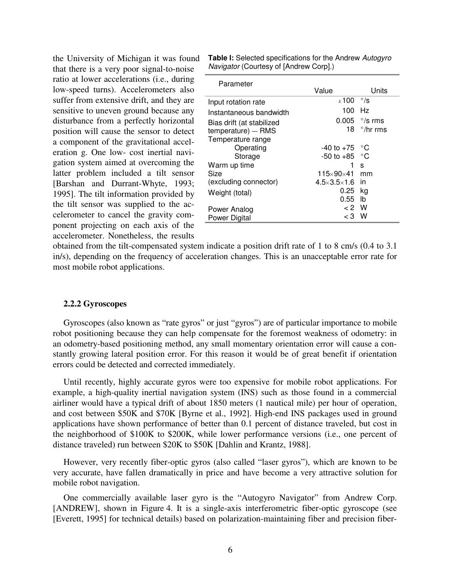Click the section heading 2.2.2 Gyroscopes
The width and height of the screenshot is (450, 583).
tap(95, 304)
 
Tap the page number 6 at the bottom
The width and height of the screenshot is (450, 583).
tap(230, 550)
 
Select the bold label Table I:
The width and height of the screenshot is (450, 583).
tap(221, 58)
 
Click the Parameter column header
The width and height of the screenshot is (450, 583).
tap(235, 84)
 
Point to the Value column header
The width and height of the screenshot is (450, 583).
tap(323, 91)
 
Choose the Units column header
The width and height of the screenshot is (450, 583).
tap(379, 91)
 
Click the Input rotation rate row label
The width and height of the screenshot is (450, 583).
tap(237, 102)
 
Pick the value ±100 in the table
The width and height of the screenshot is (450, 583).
tap(346, 100)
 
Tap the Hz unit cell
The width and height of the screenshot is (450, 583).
tap(364, 111)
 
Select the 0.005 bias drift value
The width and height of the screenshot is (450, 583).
tap(345, 121)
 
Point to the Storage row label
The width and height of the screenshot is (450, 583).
tap(247, 156)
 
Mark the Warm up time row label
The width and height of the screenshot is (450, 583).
tap(231, 165)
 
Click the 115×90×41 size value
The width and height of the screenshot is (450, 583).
tap(336, 174)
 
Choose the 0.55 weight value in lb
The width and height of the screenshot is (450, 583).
tap(347, 199)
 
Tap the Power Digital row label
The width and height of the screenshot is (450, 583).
tap(229, 218)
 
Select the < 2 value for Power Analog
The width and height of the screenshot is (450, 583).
tap(349, 208)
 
